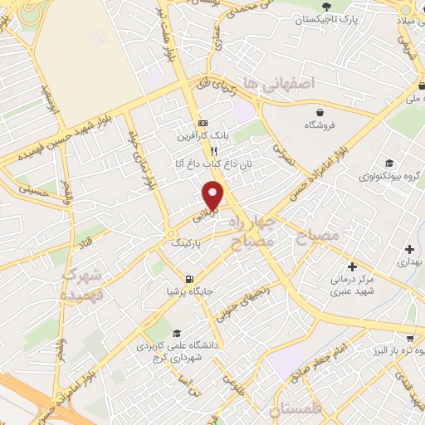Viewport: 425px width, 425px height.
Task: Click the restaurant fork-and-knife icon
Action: tap(213, 152)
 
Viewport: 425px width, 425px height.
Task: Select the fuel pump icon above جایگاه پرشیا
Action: tap(190, 278)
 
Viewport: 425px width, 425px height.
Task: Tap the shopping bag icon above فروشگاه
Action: tap(320, 111)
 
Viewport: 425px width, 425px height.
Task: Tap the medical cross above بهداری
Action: tap(409, 248)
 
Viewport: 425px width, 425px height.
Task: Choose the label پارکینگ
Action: tap(187, 246)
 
